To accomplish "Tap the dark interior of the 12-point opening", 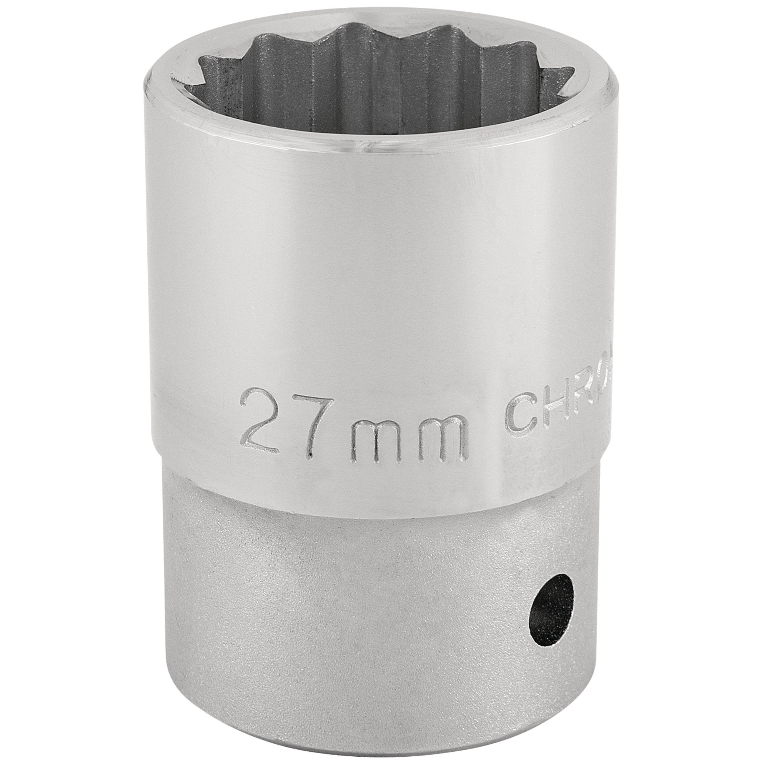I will [x=382, y=88].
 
